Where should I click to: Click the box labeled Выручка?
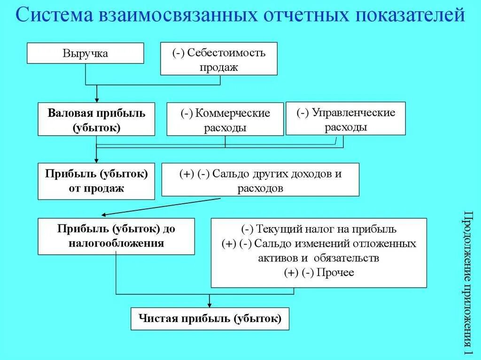point(85,53)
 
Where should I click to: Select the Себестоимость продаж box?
point(219,59)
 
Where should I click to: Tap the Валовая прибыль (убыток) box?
point(96,119)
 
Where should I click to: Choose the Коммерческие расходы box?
point(225,119)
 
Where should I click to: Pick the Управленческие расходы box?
point(345,118)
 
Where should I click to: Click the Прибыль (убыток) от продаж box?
point(96,181)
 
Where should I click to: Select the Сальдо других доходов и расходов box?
point(260,179)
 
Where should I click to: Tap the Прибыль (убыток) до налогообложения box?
point(116,236)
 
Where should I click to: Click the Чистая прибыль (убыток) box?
point(209,319)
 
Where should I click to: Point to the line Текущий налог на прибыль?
point(319,230)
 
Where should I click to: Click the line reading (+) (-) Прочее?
point(319,272)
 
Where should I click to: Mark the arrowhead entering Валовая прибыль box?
point(97,100)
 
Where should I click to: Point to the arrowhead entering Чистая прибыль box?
point(209,305)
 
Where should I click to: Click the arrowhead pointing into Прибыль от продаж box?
point(97,160)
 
